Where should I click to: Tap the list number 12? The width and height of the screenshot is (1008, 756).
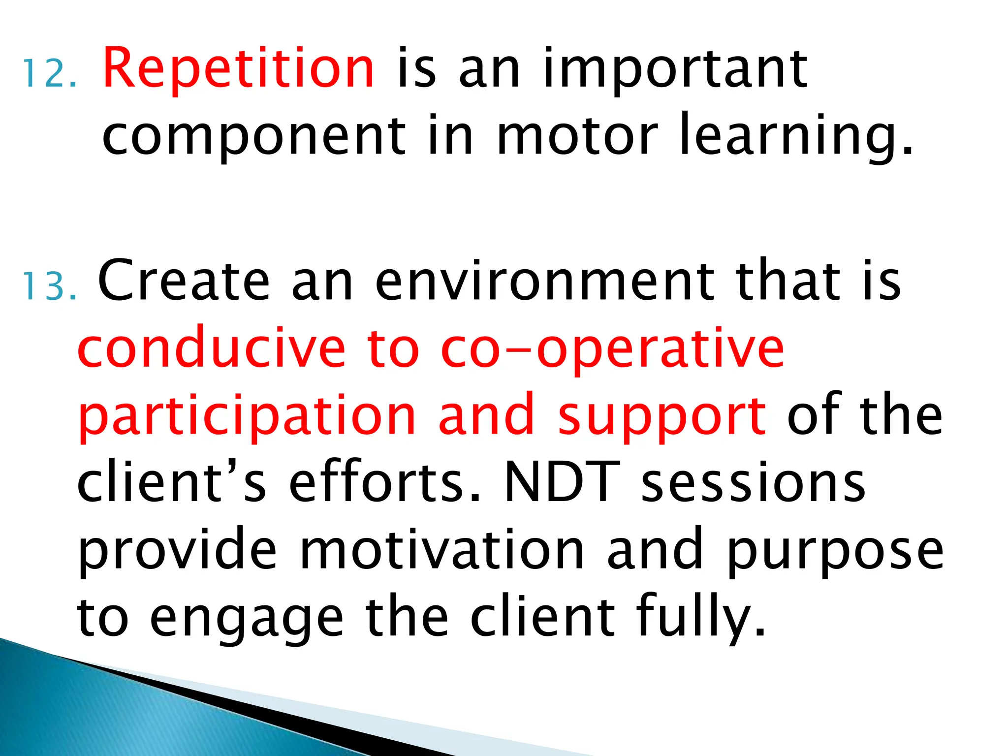click(x=50, y=74)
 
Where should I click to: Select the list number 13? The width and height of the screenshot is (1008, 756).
click(x=50, y=287)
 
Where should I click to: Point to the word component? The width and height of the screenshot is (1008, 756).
click(x=254, y=135)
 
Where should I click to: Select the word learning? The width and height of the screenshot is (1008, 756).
click(x=795, y=135)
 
